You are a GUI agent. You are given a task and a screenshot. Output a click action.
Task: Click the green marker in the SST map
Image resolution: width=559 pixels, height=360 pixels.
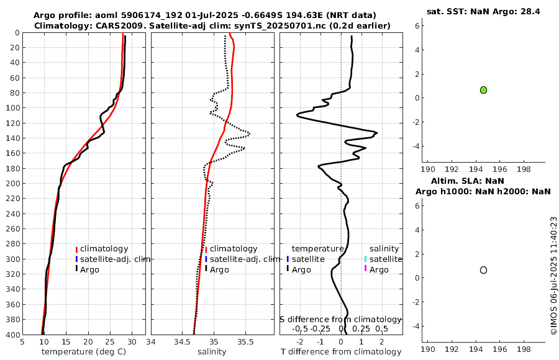coord(483,90)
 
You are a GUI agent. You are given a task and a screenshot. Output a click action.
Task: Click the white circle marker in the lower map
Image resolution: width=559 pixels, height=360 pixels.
coord(483,270)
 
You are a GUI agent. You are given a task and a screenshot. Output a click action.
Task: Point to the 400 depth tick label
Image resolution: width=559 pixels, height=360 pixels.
coord(13,335)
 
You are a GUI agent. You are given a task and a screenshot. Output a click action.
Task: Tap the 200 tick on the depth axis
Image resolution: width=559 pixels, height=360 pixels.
coord(13,184)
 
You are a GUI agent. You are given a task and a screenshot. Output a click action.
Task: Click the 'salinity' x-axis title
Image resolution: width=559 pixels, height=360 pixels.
coord(212,352)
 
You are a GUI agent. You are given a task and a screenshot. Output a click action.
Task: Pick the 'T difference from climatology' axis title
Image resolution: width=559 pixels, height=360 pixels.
coord(341,352)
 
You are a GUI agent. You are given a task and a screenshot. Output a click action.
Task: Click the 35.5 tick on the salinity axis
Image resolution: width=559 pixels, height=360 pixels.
coord(245,341)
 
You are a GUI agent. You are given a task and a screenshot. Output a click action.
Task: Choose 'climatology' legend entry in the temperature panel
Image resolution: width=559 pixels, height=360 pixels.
coord(104,249)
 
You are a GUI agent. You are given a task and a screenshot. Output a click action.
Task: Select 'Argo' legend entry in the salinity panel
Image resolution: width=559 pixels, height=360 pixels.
coord(219,269)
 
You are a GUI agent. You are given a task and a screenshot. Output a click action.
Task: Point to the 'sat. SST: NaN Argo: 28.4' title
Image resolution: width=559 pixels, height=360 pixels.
coord(483,11)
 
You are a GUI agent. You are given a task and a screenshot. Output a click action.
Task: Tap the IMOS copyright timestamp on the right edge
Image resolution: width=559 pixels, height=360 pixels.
coord(553,276)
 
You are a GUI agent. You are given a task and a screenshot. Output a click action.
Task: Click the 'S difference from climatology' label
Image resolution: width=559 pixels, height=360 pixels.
coord(341,319)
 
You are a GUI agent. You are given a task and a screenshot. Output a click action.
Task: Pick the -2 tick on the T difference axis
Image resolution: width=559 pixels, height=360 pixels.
coord(301,341)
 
